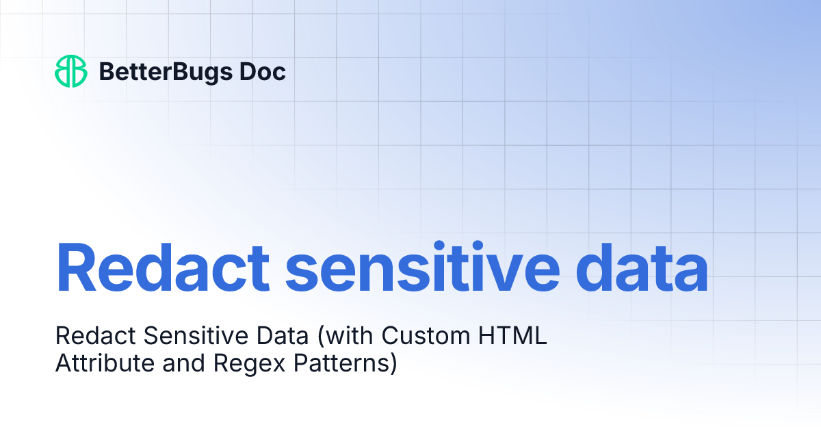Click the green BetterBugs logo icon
click(70, 71)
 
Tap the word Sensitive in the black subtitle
click(176, 337)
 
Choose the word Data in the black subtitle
click(255, 337)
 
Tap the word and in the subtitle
click(184, 363)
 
